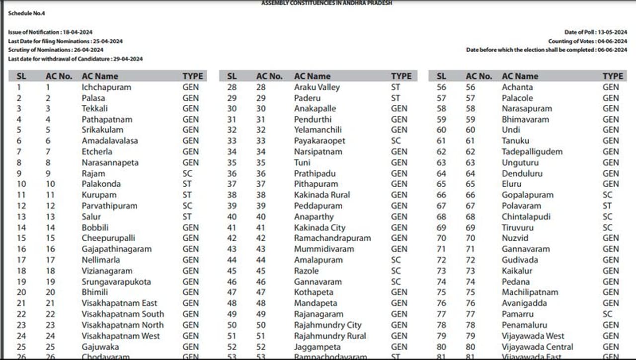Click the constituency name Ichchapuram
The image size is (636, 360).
point(106,87)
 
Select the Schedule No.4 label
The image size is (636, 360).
point(26,13)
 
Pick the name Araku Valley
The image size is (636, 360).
point(317,87)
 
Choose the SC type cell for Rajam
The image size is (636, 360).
point(187,174)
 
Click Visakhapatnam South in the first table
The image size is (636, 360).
point(123,314)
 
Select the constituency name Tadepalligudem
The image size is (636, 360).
point(532,152)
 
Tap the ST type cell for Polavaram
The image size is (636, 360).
point(607,206)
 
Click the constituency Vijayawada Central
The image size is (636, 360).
point(537,347)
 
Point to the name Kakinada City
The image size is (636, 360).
point(319,228)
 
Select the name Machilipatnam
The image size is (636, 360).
point(530,292)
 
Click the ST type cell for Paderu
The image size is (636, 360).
point(396,98)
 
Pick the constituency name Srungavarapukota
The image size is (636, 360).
point(116,282)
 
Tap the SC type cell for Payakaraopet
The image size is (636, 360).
point(396,141)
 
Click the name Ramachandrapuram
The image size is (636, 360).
point(332,238)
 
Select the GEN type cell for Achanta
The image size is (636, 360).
point(611,87)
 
